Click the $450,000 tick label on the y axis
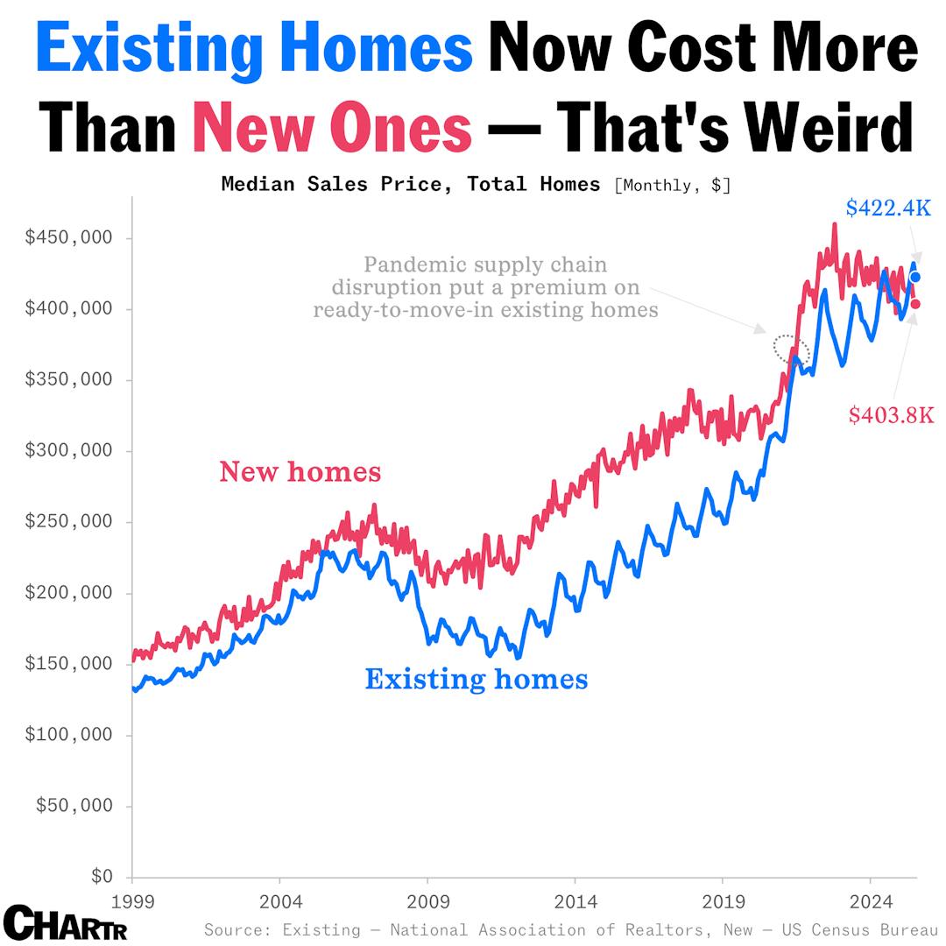pos(68,238)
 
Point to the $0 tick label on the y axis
pos(102,876)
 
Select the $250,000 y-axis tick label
pos(68,522)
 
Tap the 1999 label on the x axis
pos(131,901)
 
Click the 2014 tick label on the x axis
pos(575,901)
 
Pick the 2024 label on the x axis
pos(870,901)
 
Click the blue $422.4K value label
pos(887,208)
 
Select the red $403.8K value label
pos(891,415)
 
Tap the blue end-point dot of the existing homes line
pos(915,278)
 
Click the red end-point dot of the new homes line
pos(915,304)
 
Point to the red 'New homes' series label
pos(300,472)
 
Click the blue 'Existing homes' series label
pos(476,679)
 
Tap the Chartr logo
pos(65,923)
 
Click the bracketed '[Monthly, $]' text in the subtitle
pos(672,185)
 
